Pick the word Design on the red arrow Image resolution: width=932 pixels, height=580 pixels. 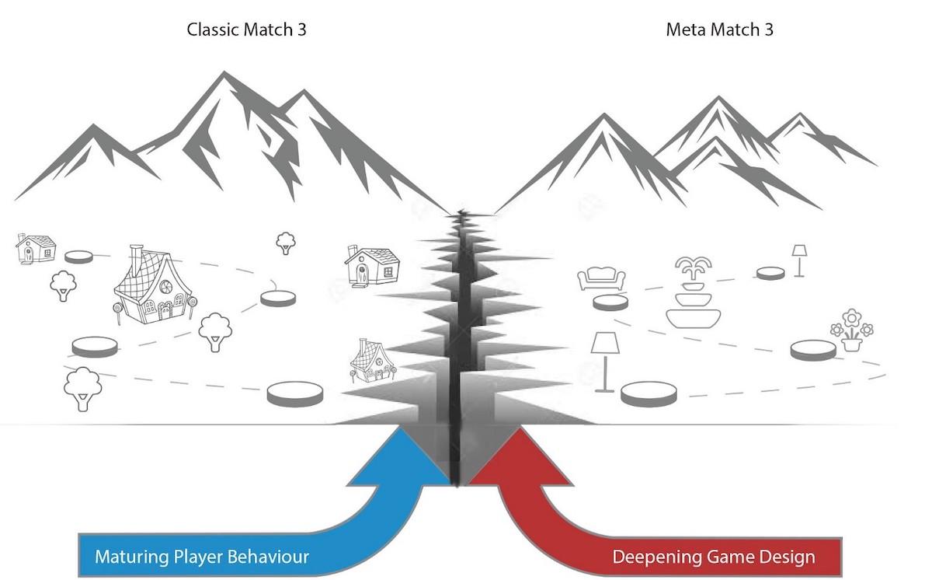coord(789,557)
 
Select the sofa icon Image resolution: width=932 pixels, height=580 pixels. coord(601,278)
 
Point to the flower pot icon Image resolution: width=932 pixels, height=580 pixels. coord(852,330)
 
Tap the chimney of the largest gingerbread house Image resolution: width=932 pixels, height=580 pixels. coord(137,260)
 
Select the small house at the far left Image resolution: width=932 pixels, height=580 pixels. coord(36,249)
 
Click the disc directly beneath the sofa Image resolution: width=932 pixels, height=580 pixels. coord(610,302)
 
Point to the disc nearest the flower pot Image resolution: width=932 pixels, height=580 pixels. coord(813,350)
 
